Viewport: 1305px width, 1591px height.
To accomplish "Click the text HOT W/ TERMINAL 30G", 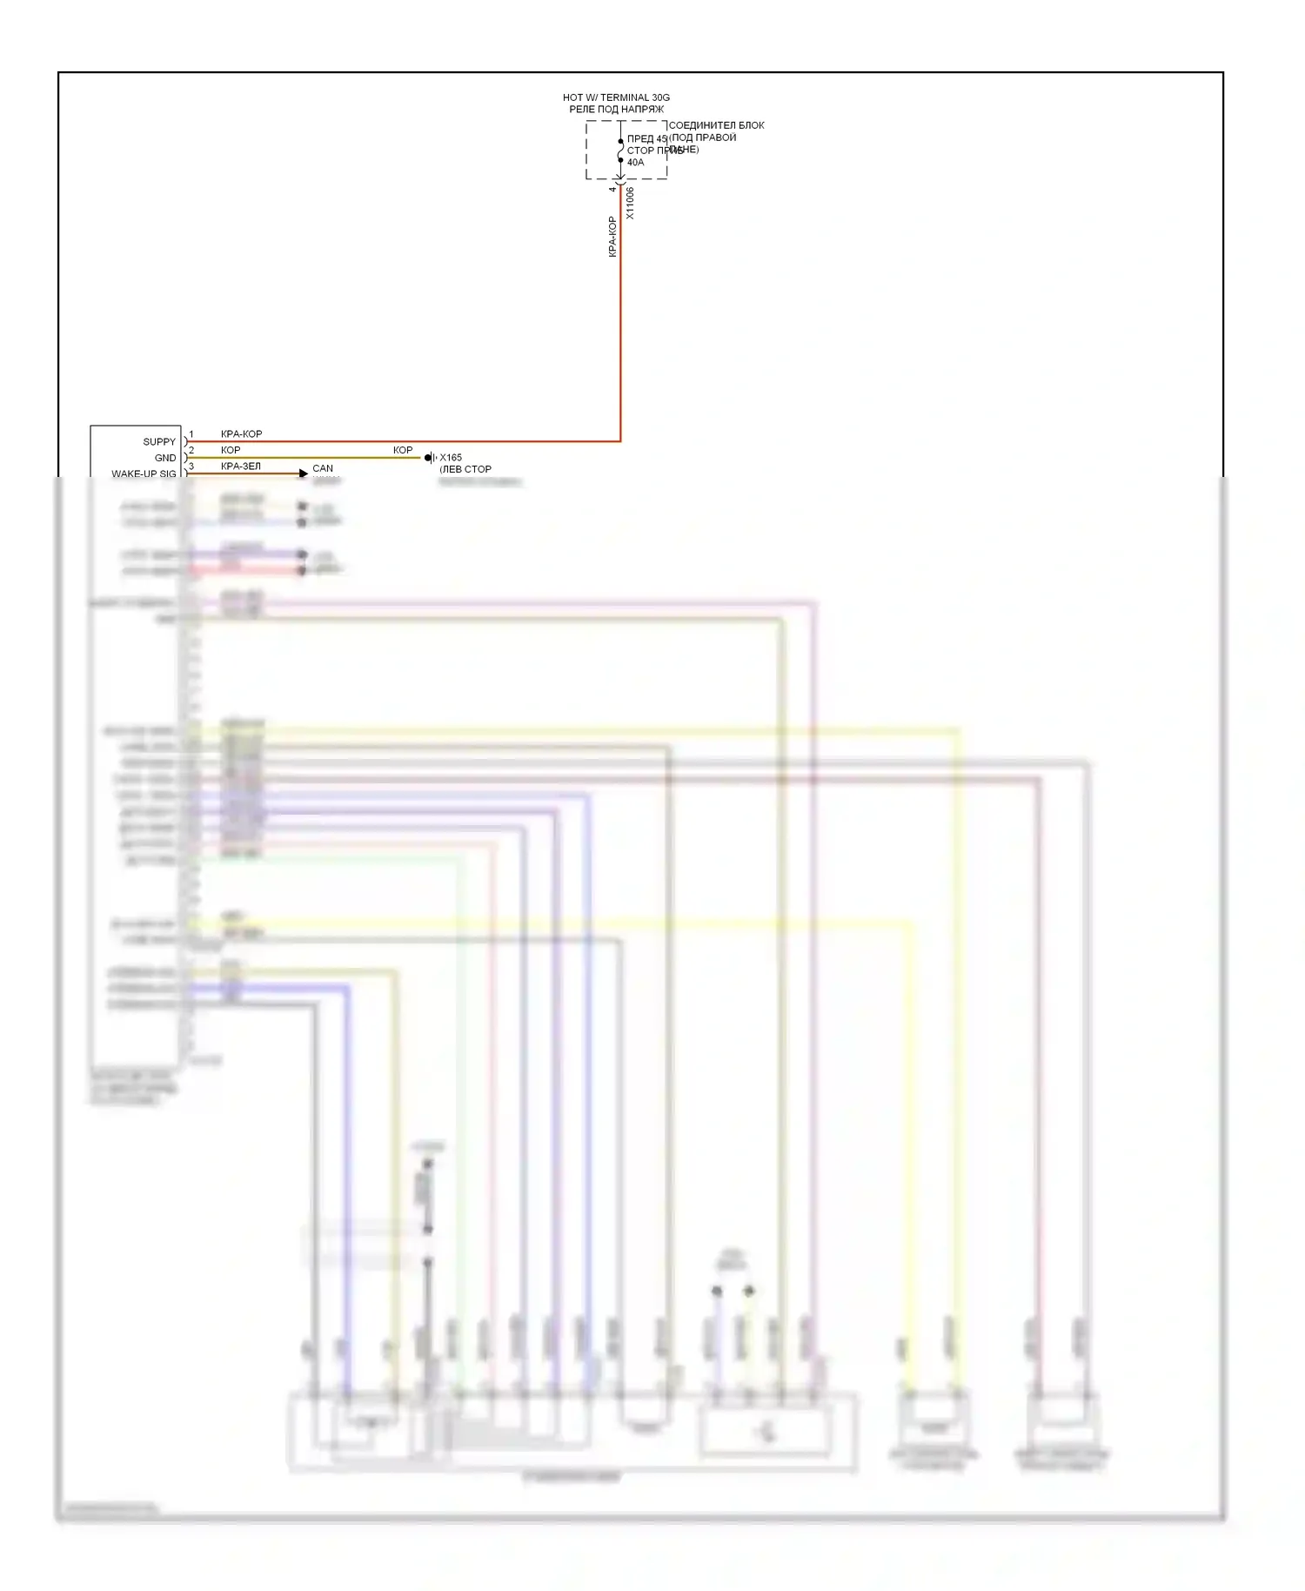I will pos(616,97).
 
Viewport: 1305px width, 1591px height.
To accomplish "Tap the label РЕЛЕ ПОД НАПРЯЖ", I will pos(616,110).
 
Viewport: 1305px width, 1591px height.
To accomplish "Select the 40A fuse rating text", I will pos(636,163).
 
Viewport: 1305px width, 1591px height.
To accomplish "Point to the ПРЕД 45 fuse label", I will pos(646,138).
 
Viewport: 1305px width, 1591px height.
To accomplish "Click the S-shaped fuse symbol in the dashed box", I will pos(620,151).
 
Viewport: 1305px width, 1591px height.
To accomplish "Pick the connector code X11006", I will pos(630,203).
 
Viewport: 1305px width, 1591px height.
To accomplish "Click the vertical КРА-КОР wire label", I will pos(612,237).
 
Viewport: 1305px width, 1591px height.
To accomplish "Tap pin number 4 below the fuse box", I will pos(612,189).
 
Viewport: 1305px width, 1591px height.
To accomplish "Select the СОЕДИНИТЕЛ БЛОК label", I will pos(716,125).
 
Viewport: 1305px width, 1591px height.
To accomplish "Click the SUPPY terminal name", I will pos(159,442).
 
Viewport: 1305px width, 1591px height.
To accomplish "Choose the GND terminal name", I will pos(165,458).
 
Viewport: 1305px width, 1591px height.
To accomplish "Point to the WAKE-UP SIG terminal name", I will pos(144,474).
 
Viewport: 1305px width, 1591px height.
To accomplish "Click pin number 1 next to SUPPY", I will pos(191,434).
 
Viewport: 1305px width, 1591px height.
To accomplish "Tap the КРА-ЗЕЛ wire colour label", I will pos(241,467).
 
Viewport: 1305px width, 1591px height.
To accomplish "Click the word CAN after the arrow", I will pos(323,468).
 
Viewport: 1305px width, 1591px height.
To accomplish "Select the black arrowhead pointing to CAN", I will pos(304,473).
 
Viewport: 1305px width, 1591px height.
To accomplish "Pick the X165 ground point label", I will pos(451,458).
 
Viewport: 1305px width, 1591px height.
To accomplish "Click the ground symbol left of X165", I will pos(429,458).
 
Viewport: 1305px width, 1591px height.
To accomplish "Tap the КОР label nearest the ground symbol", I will pos(403,450).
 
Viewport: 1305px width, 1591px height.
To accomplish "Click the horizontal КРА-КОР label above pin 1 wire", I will pos(241,434).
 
